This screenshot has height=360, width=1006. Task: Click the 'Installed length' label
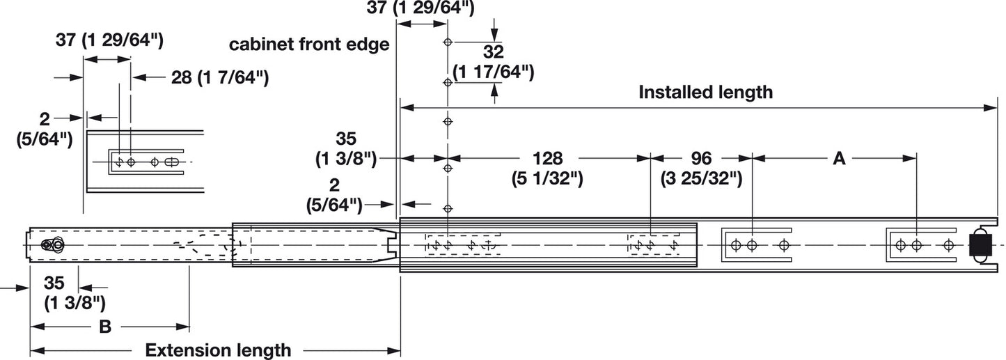pos(705,93)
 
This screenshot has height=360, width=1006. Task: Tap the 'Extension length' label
pos(219,350)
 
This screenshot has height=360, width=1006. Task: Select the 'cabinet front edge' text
pos(309,45)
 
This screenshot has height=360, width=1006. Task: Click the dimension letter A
pos(839,159)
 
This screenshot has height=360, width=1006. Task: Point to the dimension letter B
pos(104,327)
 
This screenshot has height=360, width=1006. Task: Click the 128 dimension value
pos(547,159)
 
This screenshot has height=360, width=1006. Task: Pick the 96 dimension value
pos(701,159)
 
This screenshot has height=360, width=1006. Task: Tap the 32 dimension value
pos(493,52)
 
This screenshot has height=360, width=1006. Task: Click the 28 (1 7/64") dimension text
pos(220,78)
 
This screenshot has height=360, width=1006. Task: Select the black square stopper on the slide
pos(980,245)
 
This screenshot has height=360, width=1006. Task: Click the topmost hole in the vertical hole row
pos(448,42)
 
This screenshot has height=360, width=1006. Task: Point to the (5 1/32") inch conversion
pos(547,179)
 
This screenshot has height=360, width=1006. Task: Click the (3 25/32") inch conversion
pos(701,179)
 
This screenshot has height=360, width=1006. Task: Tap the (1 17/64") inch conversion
pos(493,72)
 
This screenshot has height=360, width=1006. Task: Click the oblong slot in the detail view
pos(172,162)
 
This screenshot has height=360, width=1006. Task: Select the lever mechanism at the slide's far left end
pos(52,245)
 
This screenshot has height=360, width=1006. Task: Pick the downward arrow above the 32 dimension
pos(494,30)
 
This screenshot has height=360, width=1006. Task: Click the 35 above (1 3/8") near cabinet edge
pos(345,139)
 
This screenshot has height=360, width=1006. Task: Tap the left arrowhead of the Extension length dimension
pos(38,350)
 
